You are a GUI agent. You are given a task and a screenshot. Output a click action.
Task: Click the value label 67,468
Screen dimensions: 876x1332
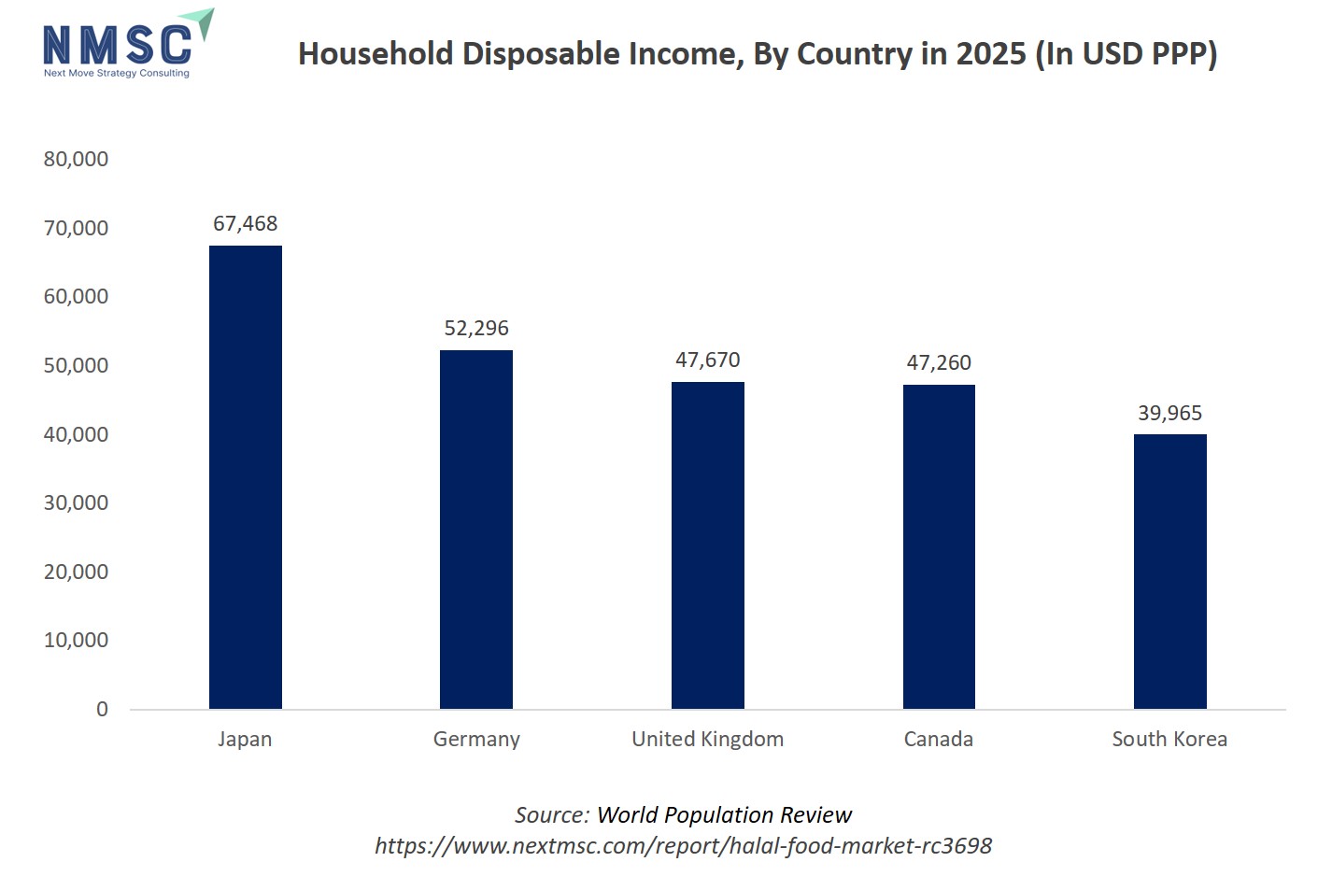pyautogui.click(x=245, y=224)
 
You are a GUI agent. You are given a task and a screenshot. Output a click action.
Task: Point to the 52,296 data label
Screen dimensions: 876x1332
pyautogui.click(x=476, y=329)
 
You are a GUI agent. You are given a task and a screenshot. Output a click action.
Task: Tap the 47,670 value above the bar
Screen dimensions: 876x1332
pyautogui.click(x=707, y=360)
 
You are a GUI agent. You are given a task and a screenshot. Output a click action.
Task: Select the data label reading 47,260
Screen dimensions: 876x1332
pyautogui.click(x=939, y=363)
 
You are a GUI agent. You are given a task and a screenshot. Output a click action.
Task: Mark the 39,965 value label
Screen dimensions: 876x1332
pyautogui.click(x=1169, y=414)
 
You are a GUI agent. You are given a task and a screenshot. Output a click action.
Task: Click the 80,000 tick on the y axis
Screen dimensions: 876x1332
pyautogui.click(x=76, y=160)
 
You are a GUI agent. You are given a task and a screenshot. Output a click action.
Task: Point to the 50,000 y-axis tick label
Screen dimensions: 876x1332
pyautogui.click(x=76, y=366)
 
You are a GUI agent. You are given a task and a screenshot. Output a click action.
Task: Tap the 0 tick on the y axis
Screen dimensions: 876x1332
pyautogui.click(x=102, y=710)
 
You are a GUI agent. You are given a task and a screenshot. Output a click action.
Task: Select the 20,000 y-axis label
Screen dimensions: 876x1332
pyautogui.click(x=76, y=572)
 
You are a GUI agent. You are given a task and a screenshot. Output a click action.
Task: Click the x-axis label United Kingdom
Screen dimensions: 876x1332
pyautogui.click(x=707, y=740)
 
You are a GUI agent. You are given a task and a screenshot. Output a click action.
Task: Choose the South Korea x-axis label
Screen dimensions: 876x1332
pyautogui.click(x=1169, y=740)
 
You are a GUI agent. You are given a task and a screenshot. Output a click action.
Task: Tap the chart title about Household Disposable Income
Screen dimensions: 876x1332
pyautogui.click(x=758, y=54)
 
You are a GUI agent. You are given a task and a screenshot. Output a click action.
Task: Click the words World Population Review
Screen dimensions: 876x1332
pyautogui.click(x=724, y=815)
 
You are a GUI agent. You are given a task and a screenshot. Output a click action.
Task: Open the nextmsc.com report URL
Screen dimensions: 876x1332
pyautogui.click(x=683, y=846)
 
